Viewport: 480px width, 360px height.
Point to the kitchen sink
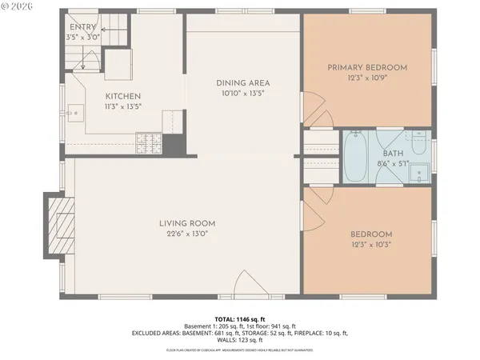[76, 114]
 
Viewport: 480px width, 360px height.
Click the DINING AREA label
[242, 82]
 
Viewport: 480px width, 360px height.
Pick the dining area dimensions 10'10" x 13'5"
[242, 93]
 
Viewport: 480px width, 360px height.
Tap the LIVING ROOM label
[187, 223]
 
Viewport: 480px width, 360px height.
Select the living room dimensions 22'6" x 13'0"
[187, 234]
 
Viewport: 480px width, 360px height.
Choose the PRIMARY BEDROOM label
[368, 67]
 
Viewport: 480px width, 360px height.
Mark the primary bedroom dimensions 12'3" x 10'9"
[368, 78]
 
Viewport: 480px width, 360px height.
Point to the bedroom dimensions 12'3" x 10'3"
[371, 245]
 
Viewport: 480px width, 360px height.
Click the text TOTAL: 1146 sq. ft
[238, 319]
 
